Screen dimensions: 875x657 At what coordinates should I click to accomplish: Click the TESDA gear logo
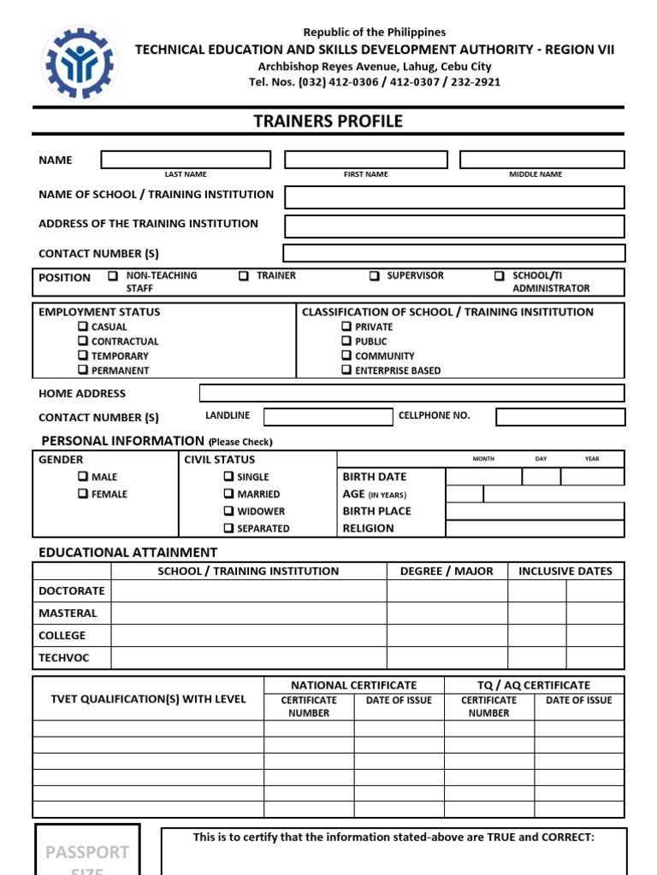[x=80, y=64]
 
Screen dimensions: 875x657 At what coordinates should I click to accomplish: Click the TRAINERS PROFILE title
[x=328, y=121]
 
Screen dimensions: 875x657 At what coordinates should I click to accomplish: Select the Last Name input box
[x=186, y=160]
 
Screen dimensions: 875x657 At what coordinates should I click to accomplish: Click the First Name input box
[x=365, y=160]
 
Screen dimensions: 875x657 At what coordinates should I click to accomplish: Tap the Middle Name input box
[x=542, y=160]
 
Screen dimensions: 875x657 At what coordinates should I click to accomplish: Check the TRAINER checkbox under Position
[x=244, y=276]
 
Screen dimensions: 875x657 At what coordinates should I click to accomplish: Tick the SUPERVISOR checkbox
[x=375, y=276]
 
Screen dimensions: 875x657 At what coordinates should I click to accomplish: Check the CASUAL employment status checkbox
[x=82, y=326]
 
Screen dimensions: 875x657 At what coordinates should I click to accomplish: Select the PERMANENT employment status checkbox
[x=82, y=370]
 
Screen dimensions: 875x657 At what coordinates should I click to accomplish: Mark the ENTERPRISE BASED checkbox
[x=346, y=370]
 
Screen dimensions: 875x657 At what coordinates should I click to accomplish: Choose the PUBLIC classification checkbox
[x=346, y=341]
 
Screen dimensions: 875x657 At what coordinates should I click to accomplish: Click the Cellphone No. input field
[x=560, y=417]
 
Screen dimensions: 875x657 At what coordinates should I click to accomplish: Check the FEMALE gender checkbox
[x=82, y=494]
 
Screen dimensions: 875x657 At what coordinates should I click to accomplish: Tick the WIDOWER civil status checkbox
[x=228, y=511]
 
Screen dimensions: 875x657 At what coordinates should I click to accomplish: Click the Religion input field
[x=535, y=528]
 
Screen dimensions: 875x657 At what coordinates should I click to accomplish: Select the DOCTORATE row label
[x=72, y=590]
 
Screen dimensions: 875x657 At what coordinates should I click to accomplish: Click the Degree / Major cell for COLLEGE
[x=447, y=636]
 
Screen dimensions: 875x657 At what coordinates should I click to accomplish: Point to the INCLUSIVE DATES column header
[x=565, y=571]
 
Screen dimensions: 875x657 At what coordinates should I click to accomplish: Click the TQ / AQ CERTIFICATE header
[x=534, y=684]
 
